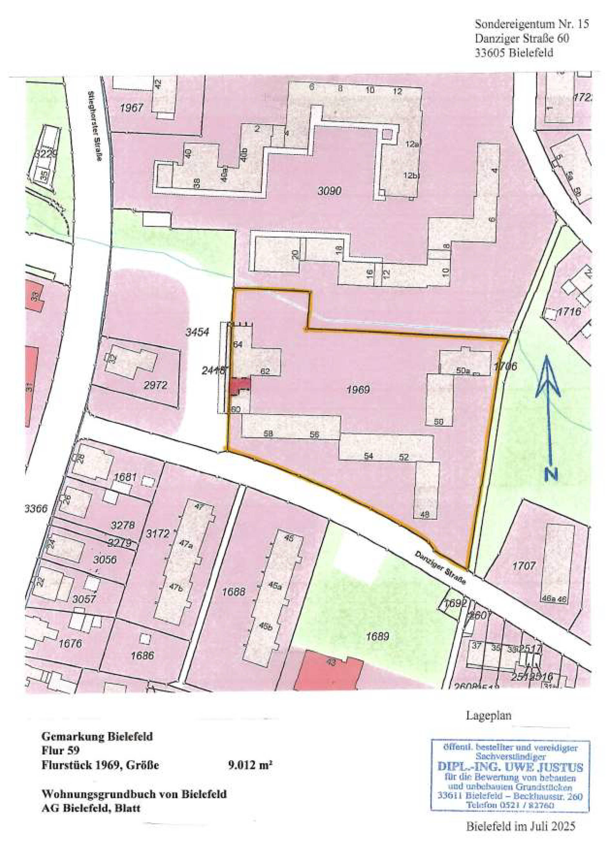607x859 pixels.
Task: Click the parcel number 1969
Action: click(x=358, y=390)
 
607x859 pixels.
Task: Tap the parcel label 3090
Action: click(x=329, y=191)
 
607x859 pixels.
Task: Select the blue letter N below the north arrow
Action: click(x=551, y=474)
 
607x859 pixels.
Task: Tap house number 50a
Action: click(x=463, y=371)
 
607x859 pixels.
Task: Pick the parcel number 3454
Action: click(x=197, y=332)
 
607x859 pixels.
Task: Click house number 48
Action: click(x=425, y=515)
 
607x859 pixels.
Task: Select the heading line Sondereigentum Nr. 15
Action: click(x=531, y=24)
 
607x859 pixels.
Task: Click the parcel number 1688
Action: click(x=234, y=592)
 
